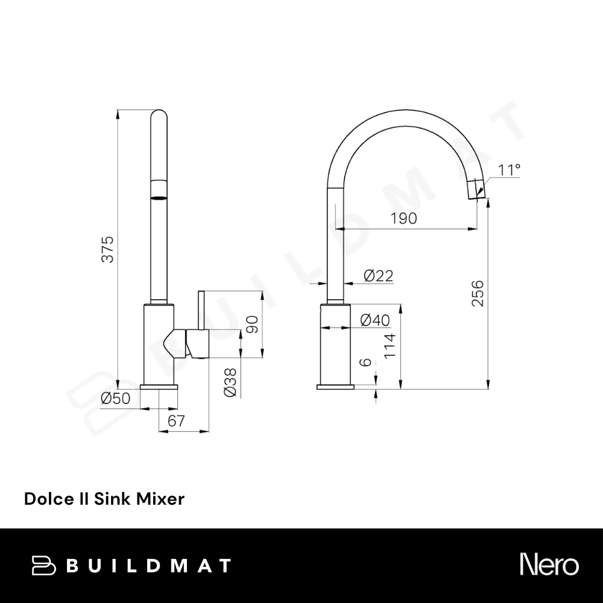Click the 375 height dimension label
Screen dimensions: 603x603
[108, 249]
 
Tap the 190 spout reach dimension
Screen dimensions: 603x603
[404, 218]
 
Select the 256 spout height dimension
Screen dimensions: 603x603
[478, 294]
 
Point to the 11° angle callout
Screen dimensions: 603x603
[509, 169]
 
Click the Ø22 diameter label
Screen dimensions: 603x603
[379, 276]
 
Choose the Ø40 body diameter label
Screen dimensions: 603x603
[375, 320]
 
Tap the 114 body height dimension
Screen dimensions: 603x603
[390, 346]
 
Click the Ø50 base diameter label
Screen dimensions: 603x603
[115, 399]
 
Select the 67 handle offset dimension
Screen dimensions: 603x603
[177, 421]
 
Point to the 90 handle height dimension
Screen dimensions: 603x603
[252, 324]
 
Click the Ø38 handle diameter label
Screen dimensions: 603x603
[230, 383]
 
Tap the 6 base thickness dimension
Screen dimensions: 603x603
[367, 362]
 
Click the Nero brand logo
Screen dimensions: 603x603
[549, 564]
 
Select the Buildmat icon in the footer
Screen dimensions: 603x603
[43, 566]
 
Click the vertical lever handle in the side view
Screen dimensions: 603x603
[201, 311]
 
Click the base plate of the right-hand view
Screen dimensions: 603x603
[335, 387]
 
